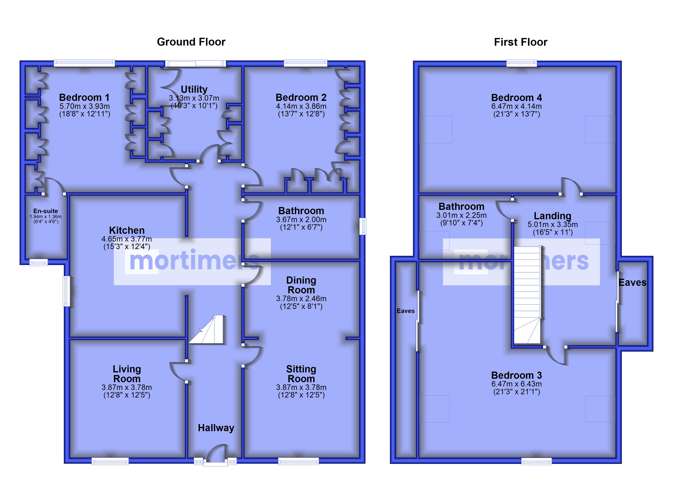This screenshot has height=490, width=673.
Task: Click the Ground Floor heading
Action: (x=191, y=42)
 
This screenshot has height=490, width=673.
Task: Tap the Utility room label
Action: (x=194, y=89)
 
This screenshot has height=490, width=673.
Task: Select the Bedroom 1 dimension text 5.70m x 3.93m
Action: (x=85, y=106)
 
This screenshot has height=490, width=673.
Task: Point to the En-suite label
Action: (x=45, y=211)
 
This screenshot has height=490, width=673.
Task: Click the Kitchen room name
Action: (x=127, y=230)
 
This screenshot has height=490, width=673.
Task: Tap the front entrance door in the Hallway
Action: (x=216, y=453)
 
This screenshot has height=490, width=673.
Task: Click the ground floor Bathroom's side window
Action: (x=363, y=226)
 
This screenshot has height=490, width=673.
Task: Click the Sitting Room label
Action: (x=301, y=374)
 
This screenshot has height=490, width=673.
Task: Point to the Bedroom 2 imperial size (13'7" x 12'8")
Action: (x=301, y=114)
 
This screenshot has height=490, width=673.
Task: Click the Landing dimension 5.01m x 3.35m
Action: (x=552, y=224)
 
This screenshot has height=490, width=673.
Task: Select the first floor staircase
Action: (x=527, y=295)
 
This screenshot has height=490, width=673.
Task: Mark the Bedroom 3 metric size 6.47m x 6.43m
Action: (x=517, y=384)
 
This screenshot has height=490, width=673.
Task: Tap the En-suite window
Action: (x=39, y=262)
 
